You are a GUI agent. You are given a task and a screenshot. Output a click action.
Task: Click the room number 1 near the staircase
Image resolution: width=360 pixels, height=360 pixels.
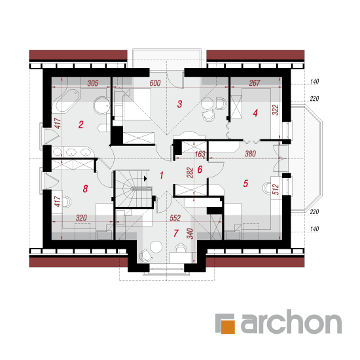coord(162,175)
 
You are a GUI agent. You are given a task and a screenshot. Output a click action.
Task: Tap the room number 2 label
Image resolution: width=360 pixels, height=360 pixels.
coord(81,124)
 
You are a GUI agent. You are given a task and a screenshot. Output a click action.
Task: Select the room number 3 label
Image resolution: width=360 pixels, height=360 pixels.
coord(179,104)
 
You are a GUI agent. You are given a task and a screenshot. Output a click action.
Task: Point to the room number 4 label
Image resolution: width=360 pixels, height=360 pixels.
coord(255,113)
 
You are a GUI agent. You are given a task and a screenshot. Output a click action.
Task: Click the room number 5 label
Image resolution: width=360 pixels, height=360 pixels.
coord(245,183)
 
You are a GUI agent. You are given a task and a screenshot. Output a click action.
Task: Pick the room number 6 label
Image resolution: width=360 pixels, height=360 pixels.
coord(200,170)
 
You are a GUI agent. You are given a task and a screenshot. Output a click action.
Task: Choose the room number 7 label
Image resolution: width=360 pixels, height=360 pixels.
coord(176,233)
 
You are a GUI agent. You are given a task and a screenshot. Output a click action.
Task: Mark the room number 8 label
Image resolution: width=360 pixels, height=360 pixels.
coord(85,189)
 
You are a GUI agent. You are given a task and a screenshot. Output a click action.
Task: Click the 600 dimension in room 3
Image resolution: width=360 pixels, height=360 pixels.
coord(155,83)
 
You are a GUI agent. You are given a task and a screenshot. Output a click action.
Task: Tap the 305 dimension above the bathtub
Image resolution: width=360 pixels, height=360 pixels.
coord(93,83)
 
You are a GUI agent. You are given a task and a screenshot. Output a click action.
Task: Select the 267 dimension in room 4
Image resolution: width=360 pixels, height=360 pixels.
coord(255,82)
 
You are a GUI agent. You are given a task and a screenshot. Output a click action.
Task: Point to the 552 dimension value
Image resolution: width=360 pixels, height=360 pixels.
coord(175,218)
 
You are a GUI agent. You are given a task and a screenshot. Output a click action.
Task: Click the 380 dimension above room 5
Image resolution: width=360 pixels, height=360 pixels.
coord(250,154)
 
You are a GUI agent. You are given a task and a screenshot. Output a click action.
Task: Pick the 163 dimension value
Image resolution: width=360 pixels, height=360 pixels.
coord(200,154)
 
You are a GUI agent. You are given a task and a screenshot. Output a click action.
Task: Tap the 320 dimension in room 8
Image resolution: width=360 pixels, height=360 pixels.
coord(81,218)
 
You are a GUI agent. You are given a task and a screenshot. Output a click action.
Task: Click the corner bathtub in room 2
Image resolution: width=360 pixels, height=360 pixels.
coord(66,101)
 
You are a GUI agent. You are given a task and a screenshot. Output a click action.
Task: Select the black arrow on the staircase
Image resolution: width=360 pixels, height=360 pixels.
coord(145,179)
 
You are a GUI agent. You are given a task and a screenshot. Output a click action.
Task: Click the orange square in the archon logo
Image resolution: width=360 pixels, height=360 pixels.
coord(228,326)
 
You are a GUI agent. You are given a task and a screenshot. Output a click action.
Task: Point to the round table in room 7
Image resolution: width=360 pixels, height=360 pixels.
coord(156,247)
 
